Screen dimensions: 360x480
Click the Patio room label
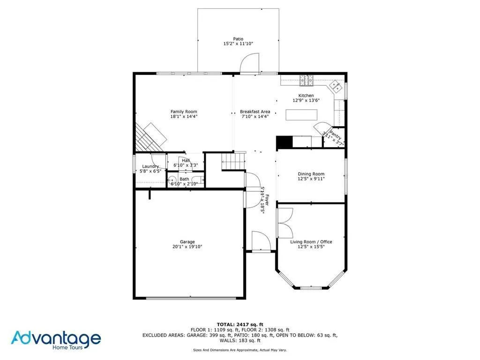(x=239, y=39)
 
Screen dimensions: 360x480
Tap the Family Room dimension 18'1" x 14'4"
(x=184, y=116)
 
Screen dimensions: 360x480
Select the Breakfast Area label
(x=255, y=112)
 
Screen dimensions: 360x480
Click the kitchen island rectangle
(x=301, y=115)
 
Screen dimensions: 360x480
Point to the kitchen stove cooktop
(x=307, y=81)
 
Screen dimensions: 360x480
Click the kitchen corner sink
(x=336, y=85)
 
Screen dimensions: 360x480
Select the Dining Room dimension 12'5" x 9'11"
(x=311, y=179)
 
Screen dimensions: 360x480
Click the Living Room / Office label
(x=311, y=242)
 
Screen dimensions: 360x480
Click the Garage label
(x=187, y=242)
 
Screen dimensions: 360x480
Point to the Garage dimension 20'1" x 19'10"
(x=187, y=247)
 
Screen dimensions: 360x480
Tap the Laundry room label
(x=150, y=166)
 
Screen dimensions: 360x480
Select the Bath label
(x=184, y=179)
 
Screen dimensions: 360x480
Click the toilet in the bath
(x=172, y=180)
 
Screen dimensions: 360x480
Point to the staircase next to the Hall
(x=233, y=161)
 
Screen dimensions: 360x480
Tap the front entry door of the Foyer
(x=261, y=241)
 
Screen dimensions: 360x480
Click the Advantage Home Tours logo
(x=56, y=339)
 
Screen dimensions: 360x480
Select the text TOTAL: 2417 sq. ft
(x=240, y=324)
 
